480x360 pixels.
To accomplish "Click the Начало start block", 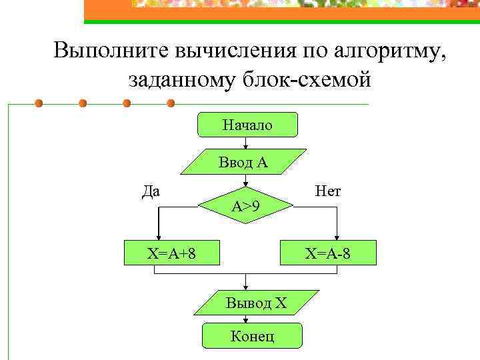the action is (x=247, y=125).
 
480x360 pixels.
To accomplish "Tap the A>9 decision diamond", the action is (x=246, y=207).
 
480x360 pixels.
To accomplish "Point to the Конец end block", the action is (x=252, y=335).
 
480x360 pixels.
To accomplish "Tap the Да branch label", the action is (x=151, y=191).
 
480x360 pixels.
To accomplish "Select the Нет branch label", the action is (x=328, y=191).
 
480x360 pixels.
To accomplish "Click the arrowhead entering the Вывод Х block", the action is (x=246, y=286).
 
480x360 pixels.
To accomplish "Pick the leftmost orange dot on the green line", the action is (x=39, y=104).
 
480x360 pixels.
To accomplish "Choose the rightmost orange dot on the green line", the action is (x=171, y=104).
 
